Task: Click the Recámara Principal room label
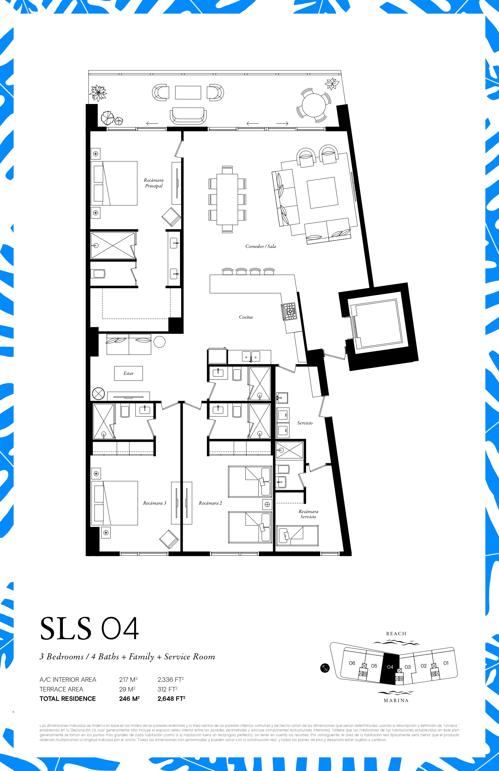point(154,183)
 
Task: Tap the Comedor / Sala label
point(260,246)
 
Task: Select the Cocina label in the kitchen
point(246,317)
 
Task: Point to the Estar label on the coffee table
point(128,373)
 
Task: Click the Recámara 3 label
point(155,503)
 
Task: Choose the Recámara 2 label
point(210,503)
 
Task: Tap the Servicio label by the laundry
point(305,423)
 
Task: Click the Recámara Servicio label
point(308,514)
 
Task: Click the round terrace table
point(314,105)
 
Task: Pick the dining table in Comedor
point(227,199)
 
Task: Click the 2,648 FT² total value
point(171,699)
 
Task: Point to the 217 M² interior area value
point(128,680)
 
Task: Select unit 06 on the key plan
point(352,663)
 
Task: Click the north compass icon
point(325,668)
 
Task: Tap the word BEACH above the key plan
point(396,634)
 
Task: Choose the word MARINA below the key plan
point(396,700)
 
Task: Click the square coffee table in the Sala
point(322,193)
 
